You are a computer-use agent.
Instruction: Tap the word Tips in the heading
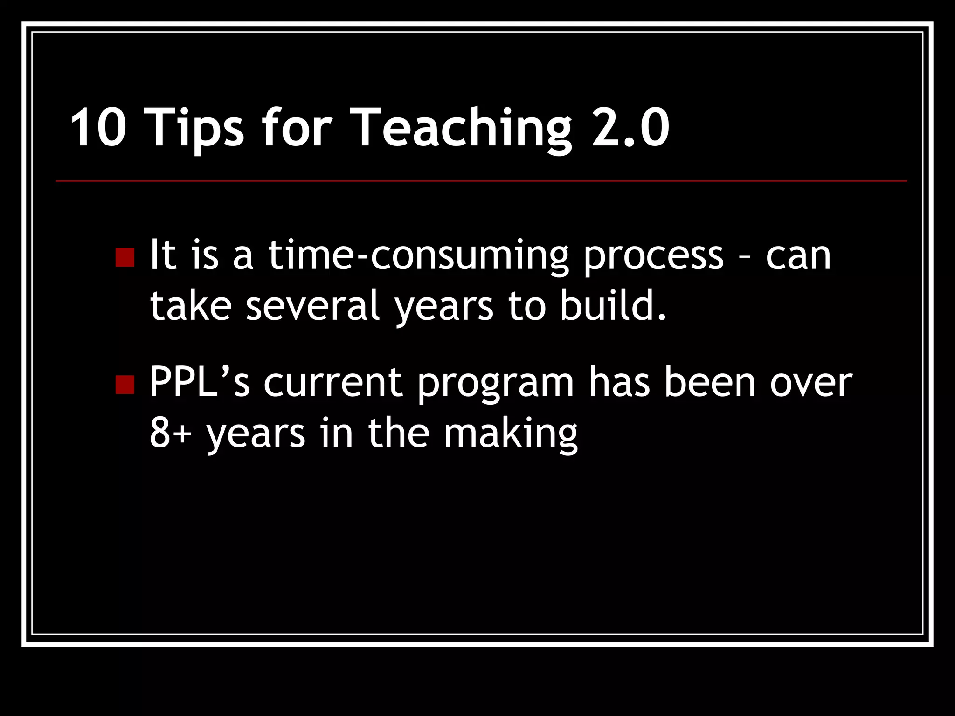pos(196,128)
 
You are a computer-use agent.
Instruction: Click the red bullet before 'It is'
pos(125,257)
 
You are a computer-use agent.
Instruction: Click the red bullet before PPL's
pos(125,384)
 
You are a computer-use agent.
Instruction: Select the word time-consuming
pos(418,256)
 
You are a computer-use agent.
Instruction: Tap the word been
pos(709,382)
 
